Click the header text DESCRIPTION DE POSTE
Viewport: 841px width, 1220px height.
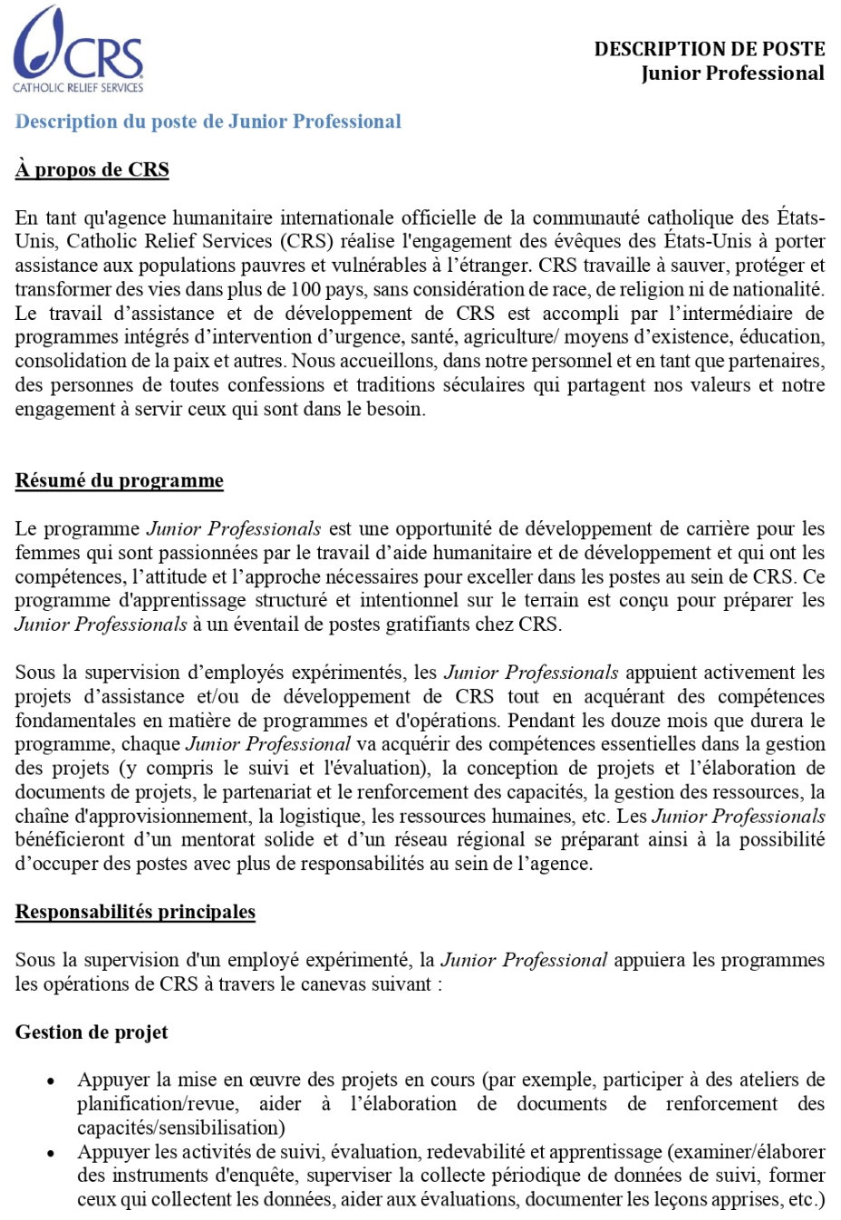coord(709,49)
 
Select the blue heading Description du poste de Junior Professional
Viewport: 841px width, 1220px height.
coord(208,121)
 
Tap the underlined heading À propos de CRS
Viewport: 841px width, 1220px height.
coord(92,169)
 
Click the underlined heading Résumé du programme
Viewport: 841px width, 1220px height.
coord(119,480)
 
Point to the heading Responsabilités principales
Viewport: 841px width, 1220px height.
coord(135,912)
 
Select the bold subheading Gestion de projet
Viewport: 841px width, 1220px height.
coord(92,1032)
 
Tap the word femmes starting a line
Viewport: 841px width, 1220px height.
coord(44,553)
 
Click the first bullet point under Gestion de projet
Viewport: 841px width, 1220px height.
coord(53,1081)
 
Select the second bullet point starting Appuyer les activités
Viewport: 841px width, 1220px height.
coord(53,1153)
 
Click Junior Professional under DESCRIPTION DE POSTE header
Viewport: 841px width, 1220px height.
coord(732,73)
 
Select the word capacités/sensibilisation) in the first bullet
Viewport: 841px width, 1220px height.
coord(181,1128)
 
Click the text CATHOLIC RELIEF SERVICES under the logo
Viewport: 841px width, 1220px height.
coord(78,88)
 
